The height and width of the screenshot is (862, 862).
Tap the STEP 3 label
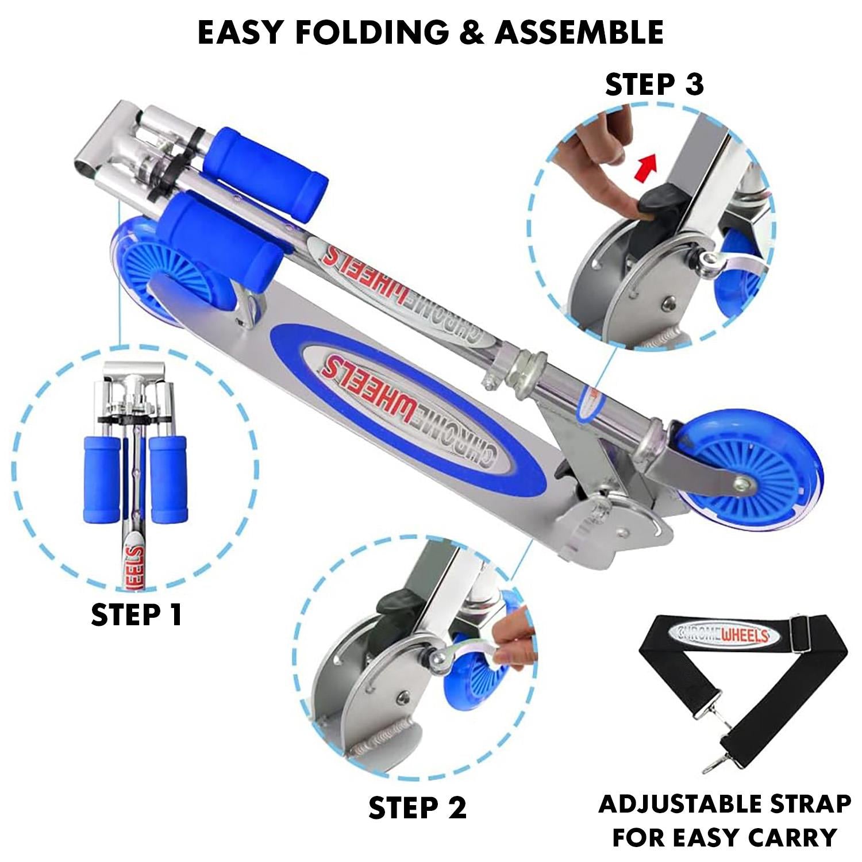pyautogui.click(x=655, y=84)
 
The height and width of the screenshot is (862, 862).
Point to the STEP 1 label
pyautogui.click(x=136, y=614)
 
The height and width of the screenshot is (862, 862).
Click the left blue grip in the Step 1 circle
pyautogui.click(x=101, y=479)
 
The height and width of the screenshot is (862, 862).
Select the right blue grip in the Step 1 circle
pyautogui.click(x=168, y=479)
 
